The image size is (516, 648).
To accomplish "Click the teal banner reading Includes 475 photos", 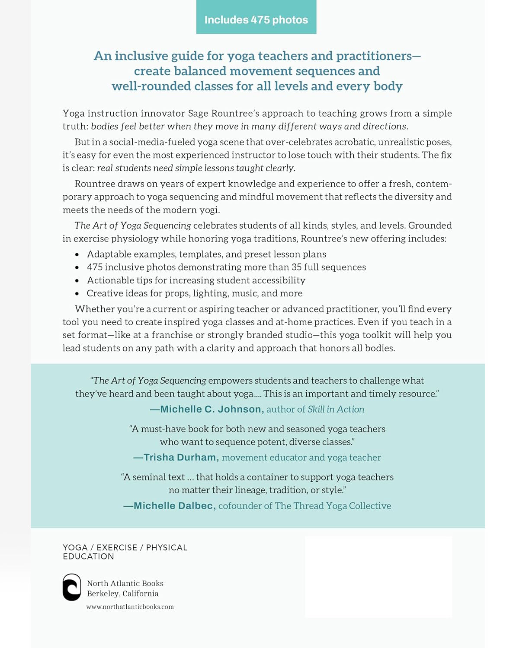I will tap(256, 18).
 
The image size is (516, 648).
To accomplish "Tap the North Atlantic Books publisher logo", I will tap(72, 587).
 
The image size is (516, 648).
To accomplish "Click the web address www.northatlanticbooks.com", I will tap(130, 607).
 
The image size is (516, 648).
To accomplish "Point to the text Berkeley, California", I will tap(122, 594).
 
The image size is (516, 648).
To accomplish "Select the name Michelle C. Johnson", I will tap(211, 409).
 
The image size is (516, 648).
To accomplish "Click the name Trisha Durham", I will tap(179, 457).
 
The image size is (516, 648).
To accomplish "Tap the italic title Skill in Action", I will tap(336, 409).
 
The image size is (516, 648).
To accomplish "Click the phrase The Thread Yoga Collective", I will tap(333, 505).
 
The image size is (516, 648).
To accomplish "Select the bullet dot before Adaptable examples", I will tap(77, 255).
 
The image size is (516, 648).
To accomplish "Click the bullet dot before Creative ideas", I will tap(77, 294).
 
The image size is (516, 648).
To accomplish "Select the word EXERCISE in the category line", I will tap(117, 547).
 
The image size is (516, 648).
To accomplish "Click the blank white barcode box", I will tap(378, 577).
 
